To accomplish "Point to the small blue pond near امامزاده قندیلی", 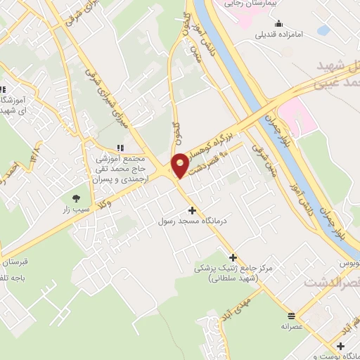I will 323,30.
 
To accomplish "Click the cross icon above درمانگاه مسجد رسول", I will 191,210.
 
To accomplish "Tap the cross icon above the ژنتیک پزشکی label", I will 233,258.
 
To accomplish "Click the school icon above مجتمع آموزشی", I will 120,148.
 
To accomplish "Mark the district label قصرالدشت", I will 330,282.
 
